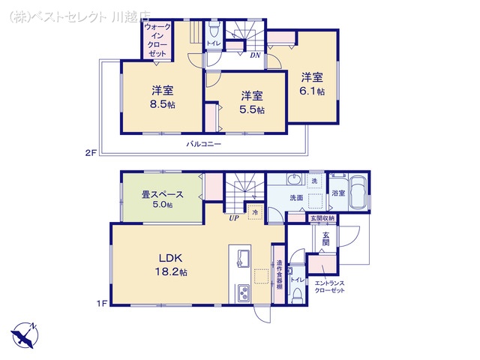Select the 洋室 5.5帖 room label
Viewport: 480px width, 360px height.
(x=252, y=102)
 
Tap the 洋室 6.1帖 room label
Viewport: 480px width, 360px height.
(x=313, y=83)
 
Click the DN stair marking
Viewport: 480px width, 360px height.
(x=255, y=55)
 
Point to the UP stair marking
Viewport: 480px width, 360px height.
(x=234, y=220)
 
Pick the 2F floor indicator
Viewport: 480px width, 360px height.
(x=91, y=151)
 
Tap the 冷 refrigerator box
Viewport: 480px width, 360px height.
(x=255, y=212)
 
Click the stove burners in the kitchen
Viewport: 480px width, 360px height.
(x=244, y=292)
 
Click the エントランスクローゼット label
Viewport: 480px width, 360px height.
(x=329, y=286)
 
